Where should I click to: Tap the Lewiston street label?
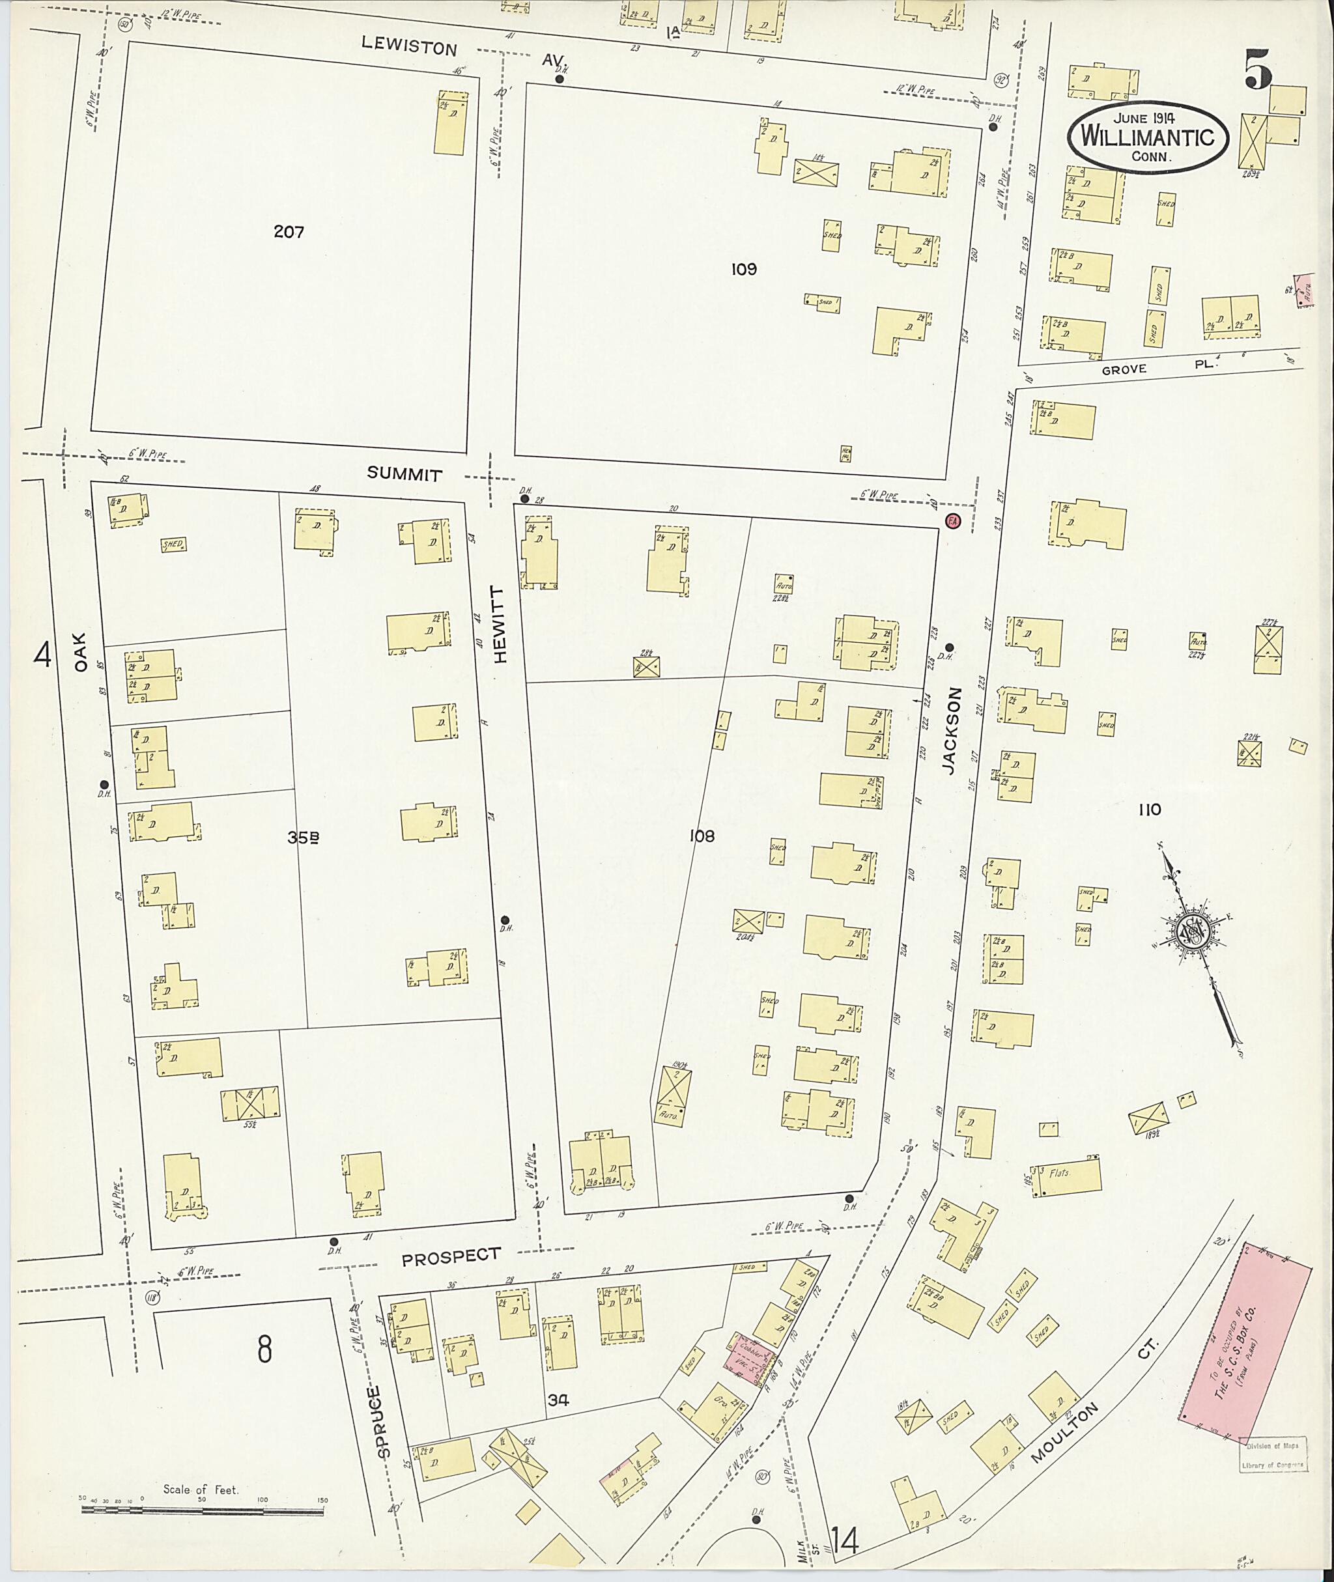tap(409, 48)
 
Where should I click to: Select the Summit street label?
tap(404, 474)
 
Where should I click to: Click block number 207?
tap(289, 232)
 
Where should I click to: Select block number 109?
tap(743, 269)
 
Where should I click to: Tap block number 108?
tap(701, 836)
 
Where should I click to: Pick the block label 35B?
tap(302, 837)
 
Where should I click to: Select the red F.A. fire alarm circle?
tap(952, 522)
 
